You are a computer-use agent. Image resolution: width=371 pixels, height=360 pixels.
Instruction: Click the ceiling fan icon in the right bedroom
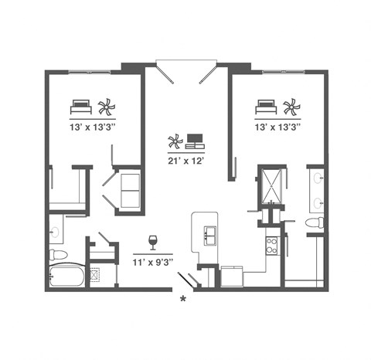(290, 105)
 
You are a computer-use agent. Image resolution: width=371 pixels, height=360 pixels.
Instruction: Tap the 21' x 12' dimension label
(185, 161)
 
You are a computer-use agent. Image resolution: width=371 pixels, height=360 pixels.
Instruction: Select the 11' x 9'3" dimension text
(152, 263)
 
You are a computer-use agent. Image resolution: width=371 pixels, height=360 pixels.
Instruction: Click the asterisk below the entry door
(183, 298)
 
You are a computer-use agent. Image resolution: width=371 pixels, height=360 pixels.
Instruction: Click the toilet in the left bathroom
(56, 253)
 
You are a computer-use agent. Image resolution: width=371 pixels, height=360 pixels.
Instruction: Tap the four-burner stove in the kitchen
(272, 245)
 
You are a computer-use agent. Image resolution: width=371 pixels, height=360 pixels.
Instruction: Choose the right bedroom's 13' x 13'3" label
(277, 125)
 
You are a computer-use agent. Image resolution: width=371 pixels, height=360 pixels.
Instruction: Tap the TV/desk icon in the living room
(194, 141)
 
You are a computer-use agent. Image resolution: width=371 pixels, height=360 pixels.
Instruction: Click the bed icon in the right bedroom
(267, 105)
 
